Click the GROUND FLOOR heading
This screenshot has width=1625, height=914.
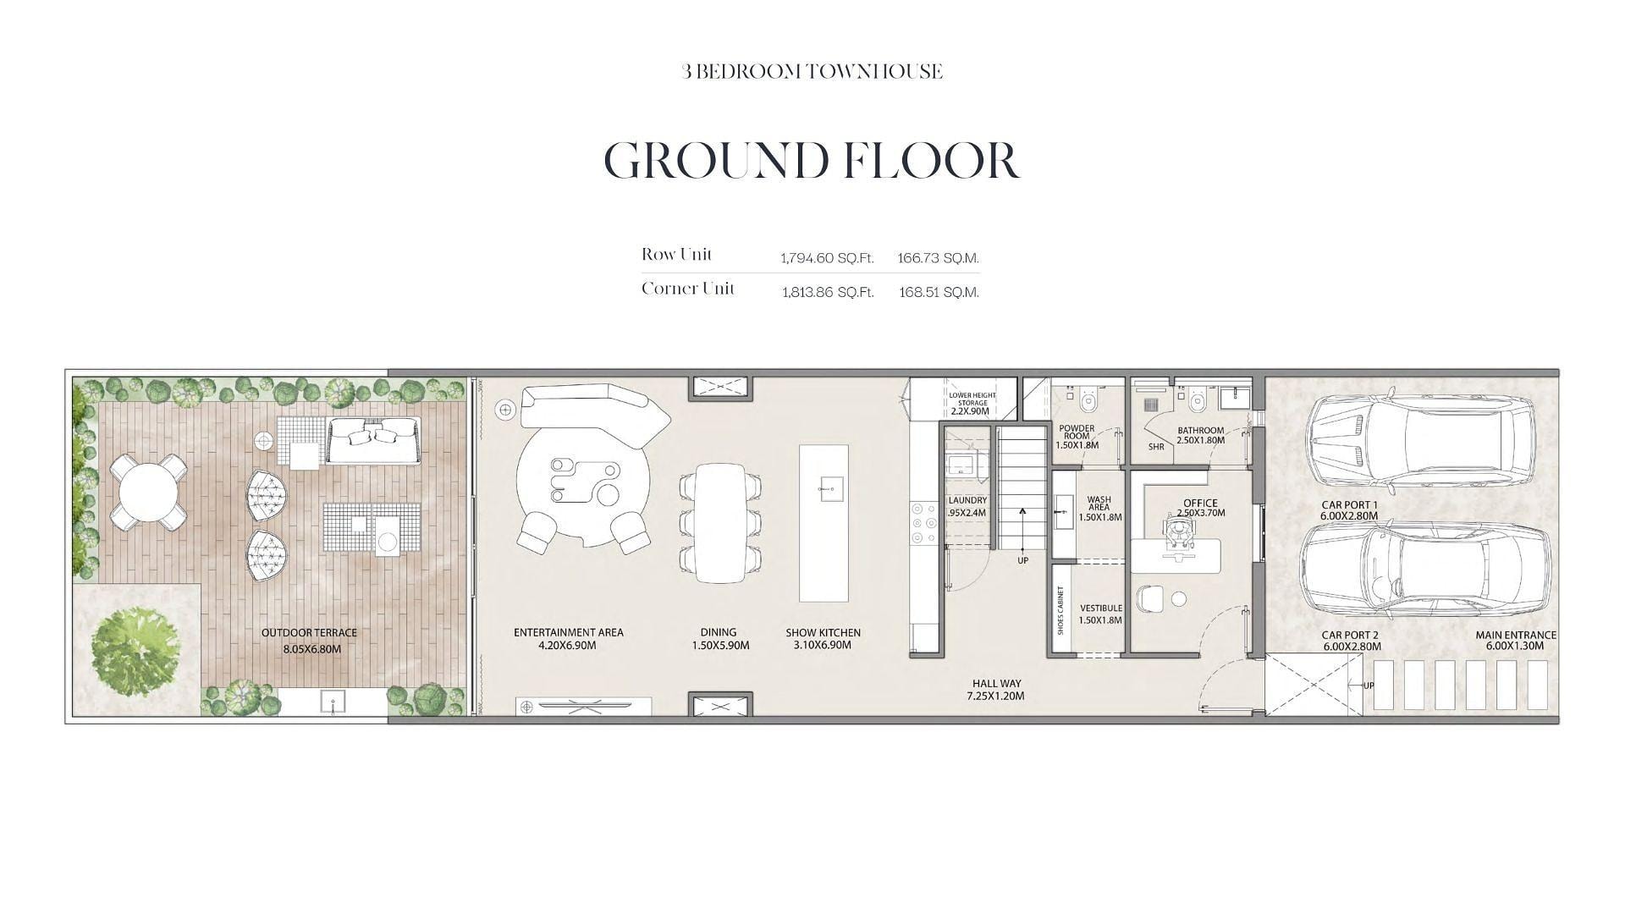812,160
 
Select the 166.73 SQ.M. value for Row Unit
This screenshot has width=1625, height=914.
938,258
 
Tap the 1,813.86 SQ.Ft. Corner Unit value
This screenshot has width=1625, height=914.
828,292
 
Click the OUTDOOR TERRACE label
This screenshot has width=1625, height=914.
309,632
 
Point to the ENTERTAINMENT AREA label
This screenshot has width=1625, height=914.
569,632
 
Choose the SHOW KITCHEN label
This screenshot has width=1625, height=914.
823,632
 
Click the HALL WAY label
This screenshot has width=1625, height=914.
996,683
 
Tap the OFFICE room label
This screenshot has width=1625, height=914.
1200,503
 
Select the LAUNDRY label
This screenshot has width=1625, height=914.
967,500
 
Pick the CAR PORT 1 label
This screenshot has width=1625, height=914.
1349,504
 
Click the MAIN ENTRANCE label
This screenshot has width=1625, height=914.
1516,635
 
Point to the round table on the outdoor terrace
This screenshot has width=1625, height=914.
149,491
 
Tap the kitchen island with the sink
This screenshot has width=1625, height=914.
824,523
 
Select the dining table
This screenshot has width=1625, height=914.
719,522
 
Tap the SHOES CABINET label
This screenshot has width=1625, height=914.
1060,610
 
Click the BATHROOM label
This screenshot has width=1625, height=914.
1200,430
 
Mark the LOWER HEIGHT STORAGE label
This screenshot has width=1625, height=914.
972,399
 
